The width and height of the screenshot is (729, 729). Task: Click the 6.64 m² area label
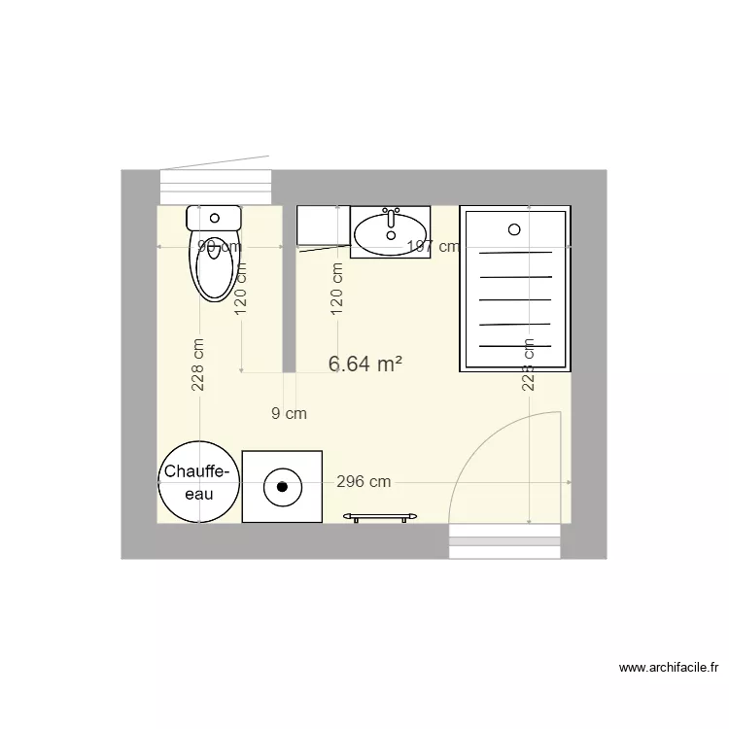[x=365, y=364]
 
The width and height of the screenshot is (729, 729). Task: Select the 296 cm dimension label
[x=364, y=481]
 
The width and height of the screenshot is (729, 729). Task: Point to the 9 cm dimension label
[x=289, y=413]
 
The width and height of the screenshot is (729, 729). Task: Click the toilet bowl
[x=215, y=266]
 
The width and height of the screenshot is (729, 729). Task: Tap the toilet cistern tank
[x=214, y=217]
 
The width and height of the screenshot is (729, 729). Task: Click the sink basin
[x=388, y=234]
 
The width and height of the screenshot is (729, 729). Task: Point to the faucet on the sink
[x=392, y=211]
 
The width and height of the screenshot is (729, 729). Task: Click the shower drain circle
[x=515, y=229]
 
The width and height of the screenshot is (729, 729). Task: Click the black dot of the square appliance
[x=282, y=486]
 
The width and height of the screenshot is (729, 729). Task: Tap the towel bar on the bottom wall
[x=380, y=517]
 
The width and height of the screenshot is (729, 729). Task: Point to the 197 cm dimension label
[x=433, y=247]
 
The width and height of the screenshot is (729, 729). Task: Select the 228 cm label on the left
[x=198, y=364]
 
